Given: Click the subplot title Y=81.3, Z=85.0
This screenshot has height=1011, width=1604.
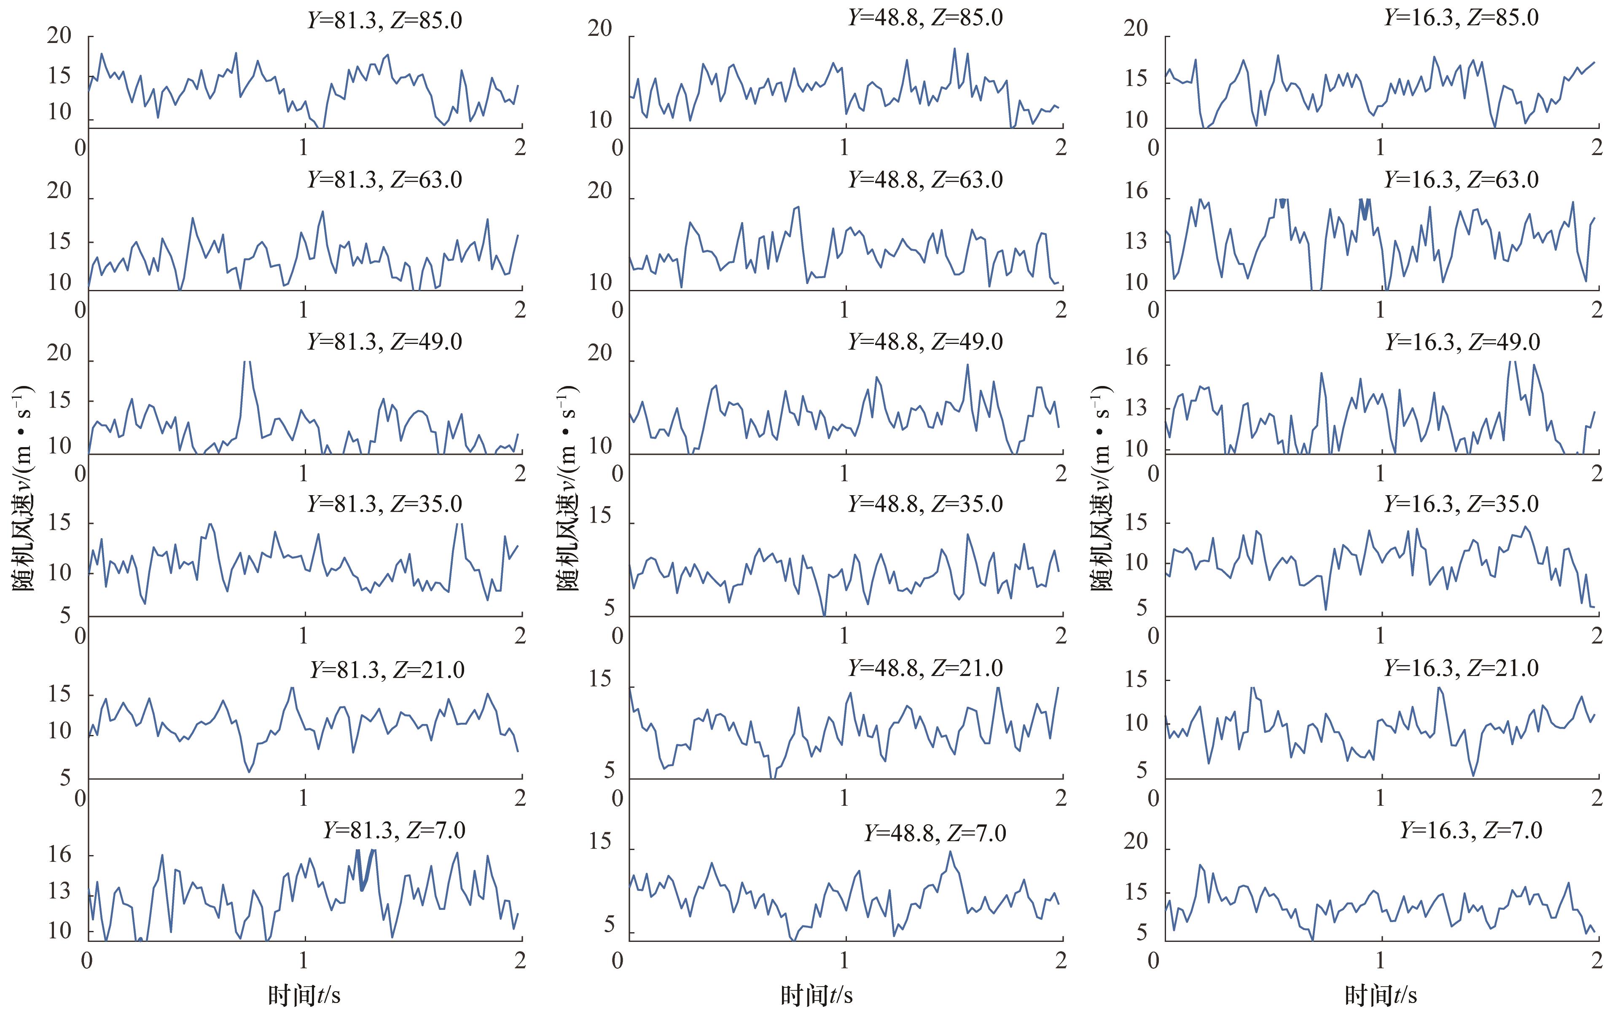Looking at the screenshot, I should coord(384,20).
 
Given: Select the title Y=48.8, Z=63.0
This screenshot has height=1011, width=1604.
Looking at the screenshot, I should coord(925,180).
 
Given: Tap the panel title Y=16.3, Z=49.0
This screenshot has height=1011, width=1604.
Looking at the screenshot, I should coord(1462,342).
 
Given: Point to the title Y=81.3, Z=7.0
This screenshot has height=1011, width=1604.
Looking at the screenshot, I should coord(394,831).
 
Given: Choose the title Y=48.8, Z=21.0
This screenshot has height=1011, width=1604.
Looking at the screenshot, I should coord(925,668).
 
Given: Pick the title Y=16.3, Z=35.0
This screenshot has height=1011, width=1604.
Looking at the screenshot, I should coord(1462,504).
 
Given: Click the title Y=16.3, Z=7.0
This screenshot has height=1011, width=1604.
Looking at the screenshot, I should coord(1471,831).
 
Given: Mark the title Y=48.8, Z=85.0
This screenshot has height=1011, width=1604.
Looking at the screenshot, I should coord(925,17).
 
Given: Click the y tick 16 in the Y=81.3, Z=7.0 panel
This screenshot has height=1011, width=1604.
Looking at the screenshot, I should coord(59,855).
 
